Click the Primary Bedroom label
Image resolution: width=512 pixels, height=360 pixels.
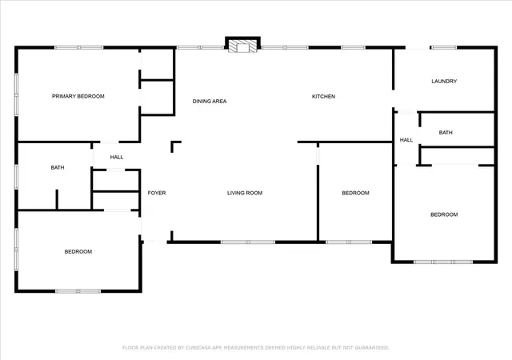[x=78, y=96]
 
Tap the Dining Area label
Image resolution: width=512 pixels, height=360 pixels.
[x=210, y=102]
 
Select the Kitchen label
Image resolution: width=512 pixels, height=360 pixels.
[x=323, y=96]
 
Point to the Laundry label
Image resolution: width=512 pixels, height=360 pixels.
[x=444, y=81]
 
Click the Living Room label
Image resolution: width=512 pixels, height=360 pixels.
[x=245, y=193]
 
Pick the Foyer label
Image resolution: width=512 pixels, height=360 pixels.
[x=157, y=193]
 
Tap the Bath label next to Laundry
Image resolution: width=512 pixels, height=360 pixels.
[x=446, y=133]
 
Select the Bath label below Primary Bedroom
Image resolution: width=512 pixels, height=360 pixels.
[x=58, y=167]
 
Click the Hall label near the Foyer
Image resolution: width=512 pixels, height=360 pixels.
[x=117, y=157]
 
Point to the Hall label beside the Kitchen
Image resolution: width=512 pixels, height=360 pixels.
[x=406, y=140]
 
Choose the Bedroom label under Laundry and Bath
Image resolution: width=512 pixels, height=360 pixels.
[x=444, y=214]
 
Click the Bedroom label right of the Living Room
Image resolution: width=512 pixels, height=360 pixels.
[x=355, y=193]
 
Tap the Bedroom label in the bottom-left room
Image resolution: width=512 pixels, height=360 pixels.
[x=78, y=251]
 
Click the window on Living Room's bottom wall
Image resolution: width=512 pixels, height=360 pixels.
[x=248, y=242]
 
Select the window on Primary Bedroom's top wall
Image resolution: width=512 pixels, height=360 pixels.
[x=78, y=48]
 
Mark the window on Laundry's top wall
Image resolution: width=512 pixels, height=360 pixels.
[x=444, y=48]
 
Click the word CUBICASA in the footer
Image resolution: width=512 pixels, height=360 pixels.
[x=198, y=347]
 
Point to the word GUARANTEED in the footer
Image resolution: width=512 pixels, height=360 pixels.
[x=371, y=347]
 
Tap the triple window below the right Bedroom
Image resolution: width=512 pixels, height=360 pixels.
[x=443, y=262]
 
